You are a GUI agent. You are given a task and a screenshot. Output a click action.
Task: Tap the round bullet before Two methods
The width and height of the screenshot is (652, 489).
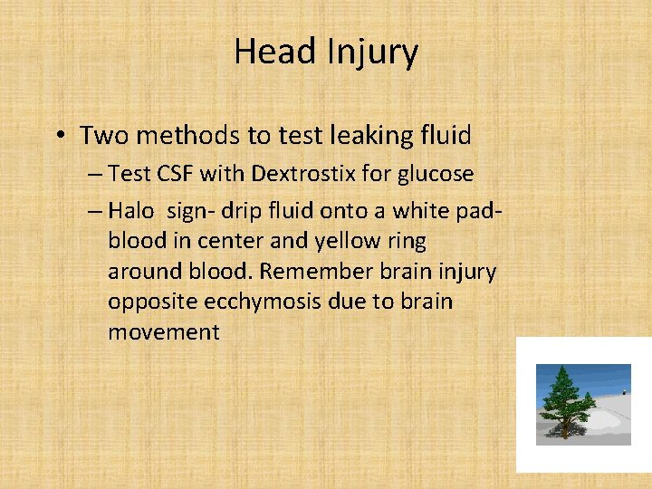pyautogui.click(x=58, y=136)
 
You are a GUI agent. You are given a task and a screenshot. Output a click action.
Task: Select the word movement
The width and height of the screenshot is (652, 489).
pyautogui.click(x=163, y=332)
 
